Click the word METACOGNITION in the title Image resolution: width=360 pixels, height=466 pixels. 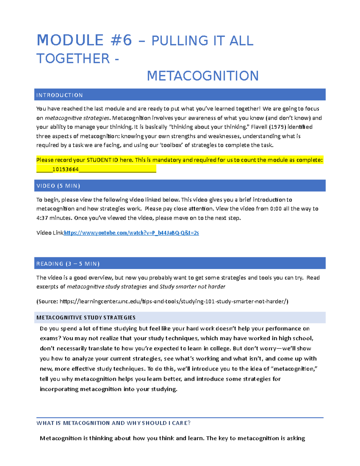tap(202, 76)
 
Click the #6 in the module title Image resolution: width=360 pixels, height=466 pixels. tap(121, 41)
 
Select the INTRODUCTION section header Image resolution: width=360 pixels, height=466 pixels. tap(59, 95)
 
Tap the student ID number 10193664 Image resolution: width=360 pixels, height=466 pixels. tap(65, 169)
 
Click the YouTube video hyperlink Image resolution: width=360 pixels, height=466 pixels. tap(131, 233)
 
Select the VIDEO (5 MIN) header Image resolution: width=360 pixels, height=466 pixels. tap(58, 186)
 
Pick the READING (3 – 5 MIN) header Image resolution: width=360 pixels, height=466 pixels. tap(68, 264)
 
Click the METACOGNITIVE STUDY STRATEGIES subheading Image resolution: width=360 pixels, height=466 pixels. tap(86, 317)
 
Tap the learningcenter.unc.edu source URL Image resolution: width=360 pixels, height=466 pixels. tap(174, 301)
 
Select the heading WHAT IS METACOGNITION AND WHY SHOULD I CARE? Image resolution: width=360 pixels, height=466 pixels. tap(113, 423)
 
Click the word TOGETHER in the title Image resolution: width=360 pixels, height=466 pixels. tap(73, 59)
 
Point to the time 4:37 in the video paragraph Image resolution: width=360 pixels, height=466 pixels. tap(42, 218)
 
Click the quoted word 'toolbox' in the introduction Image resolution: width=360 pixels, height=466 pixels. tap(170, 145)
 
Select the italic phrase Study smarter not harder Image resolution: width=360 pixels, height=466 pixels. tap(192, 287)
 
